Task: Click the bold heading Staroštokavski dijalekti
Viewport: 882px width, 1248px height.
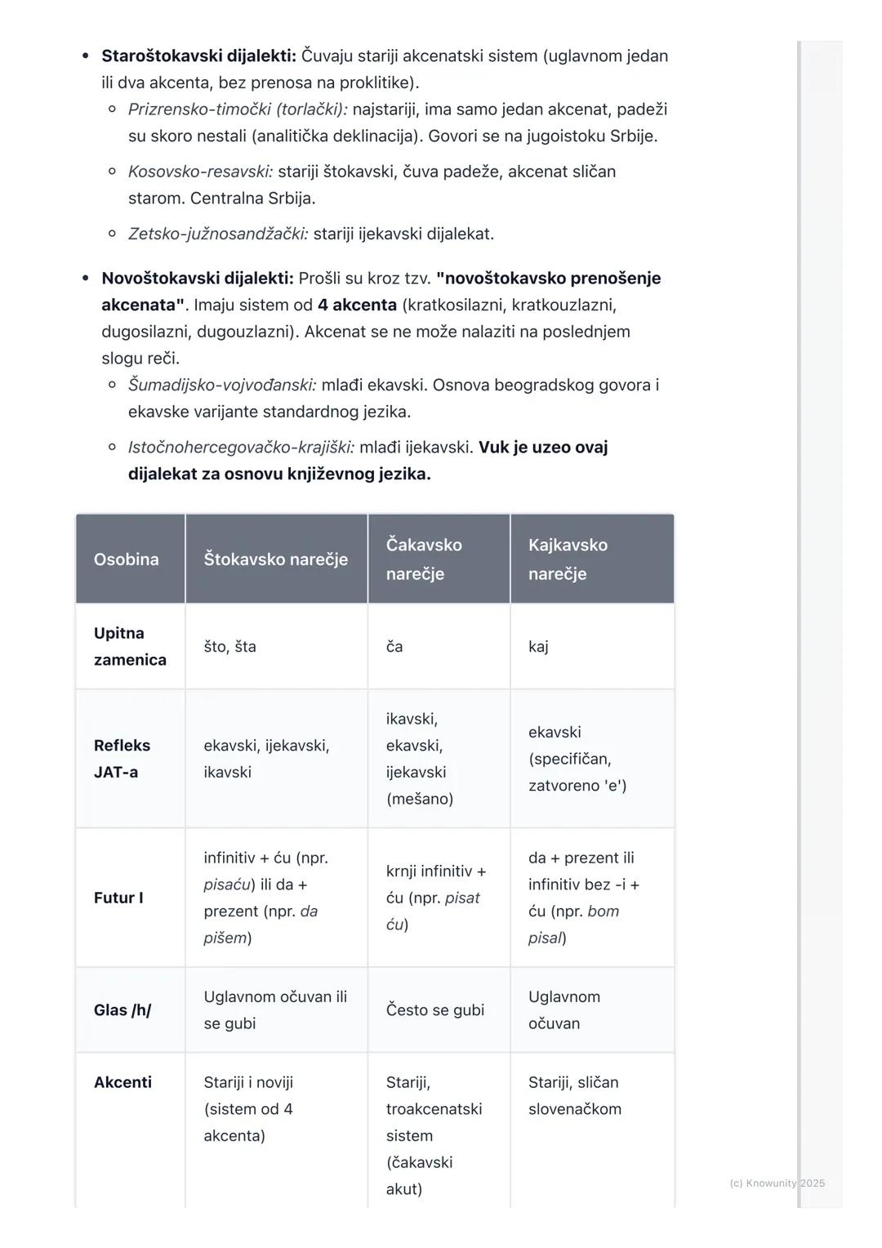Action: click(198, 56)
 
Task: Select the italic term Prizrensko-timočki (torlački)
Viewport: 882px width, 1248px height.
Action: click(238, 109)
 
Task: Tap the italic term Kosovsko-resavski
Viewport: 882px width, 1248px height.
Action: click(200, 172)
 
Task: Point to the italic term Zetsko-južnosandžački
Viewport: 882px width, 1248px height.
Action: click(218, 234)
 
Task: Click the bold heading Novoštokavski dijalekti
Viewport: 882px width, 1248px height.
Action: click(197, 279)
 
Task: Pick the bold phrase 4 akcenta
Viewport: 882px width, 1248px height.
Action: click(357, 305)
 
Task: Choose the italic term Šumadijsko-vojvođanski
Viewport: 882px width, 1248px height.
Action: click(222, 385)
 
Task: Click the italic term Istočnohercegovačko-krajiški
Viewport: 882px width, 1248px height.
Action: click(241, 448)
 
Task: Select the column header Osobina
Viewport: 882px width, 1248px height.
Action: click(127, 559)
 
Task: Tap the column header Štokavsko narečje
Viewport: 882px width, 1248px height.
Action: click(276, 559)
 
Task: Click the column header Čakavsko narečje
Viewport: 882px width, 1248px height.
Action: click(424, 559)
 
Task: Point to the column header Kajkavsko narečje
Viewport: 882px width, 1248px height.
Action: click(568, 559)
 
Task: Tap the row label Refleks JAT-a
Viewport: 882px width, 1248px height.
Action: click(122, 759)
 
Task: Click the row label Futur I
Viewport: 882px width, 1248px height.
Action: click(118, 898)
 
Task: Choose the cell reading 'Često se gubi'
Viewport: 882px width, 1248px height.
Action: click(435, 1010)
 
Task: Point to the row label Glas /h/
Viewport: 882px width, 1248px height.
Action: click(122, 1010)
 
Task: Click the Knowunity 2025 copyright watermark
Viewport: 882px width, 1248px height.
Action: click(777, 1183)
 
